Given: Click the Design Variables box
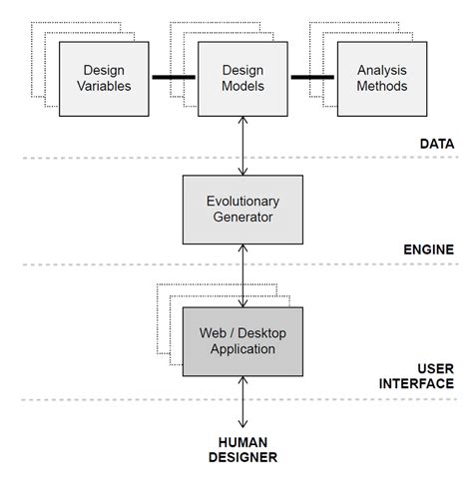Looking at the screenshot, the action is (104, 79).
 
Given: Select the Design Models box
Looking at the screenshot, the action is (242, 79).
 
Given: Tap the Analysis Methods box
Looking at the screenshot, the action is (382, 79).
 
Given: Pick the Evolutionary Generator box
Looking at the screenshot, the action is (242, 210).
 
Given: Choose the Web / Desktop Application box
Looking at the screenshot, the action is (242, 341).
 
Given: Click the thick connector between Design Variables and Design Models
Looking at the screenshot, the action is (174, 77).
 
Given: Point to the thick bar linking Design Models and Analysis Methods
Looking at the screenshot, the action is (312, 77).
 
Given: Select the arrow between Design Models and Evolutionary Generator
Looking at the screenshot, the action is (242, 146).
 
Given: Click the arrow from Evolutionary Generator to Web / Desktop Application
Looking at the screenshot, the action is (242, 275).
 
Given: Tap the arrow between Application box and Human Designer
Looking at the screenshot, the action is (242, 402).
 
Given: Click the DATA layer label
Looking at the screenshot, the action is (437, 144).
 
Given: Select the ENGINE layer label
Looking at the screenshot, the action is (429, 249).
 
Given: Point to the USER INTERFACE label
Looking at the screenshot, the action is (416, 376).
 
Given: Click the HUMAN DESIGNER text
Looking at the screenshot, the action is (242, 450).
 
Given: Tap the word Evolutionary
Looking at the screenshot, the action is (242, 202).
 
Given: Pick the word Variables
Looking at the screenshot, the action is (104, 86).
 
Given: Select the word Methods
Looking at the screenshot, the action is (382, 86).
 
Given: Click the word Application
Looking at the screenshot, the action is (242, 349).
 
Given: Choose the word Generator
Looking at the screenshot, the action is (242, 218).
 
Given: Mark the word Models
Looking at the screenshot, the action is (242, 86).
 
